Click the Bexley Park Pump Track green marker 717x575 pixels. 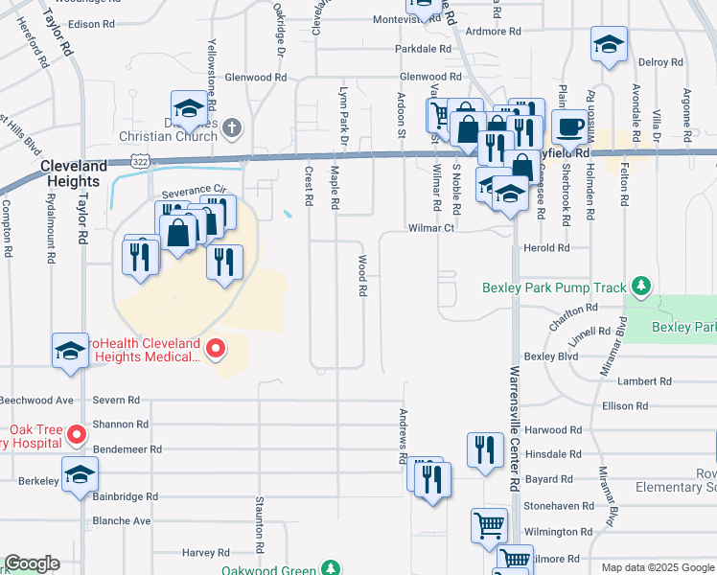pyautogui.click(x=641, y=287)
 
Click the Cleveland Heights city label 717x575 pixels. pyautogui.click(x=71, y=173)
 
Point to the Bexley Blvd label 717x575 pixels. pyautogui.click(x=553, y=356)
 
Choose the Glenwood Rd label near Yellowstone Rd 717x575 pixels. pyautogui.click(x=255, y=77)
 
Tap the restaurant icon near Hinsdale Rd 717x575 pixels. pyautogui.click(x=484, y=449)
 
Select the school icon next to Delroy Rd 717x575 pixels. pyautogui.click(x=608, y=46)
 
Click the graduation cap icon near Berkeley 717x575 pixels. pyautogui.click(x=80, y=473)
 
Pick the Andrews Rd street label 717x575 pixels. pyautogui.click(x=404, y=436)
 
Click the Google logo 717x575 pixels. pyautogui.click(x=32, y=563)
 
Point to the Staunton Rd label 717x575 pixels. pyautogui.click(x=260, y=523)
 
